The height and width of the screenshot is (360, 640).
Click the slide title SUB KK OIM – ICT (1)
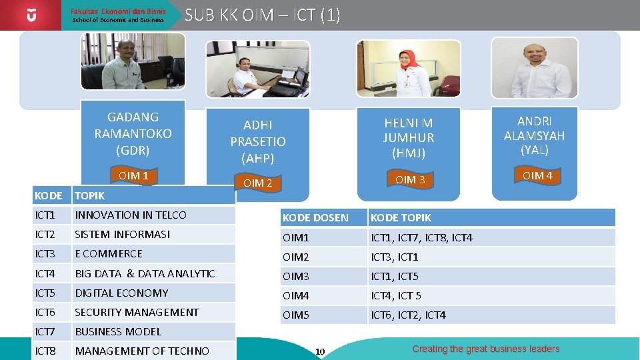pyautogui.click(x=262, y=15)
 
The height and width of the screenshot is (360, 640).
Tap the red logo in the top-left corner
pyautogui.click(x=31, y=15)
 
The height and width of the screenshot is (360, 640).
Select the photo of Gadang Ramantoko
pyautogui.click(x=132, y=61)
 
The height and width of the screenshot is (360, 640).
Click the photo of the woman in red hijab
pyautogui.click(x=408, y=69)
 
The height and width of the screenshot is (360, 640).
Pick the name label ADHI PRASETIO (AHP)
pyautogui.click(x=257, y=141)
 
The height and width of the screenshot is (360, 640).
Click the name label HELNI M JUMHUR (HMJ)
pyautogui.click(x=408, y=138)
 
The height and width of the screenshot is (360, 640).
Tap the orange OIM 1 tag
pyautogui.click(x=133, y=176)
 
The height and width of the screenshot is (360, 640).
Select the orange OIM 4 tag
pyautogui.click(x=537, y=176)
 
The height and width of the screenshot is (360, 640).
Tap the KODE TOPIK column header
pyautogui.click(x=401, y=218)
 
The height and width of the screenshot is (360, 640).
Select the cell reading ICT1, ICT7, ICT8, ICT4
pyautogui.click(x=421, y=237)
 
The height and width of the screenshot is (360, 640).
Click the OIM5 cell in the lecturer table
pyautogui.click(x=296, y=315)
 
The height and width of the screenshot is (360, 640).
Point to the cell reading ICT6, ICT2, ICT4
pyautogui.click(x=408, y=315)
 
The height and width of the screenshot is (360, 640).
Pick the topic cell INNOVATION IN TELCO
pyautogui.click(x=131, y=215)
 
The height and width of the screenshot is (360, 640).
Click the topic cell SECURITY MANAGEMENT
pyautogui.click(x=137, y=312)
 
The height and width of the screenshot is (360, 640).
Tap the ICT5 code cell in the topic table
pyautogui.click(x=45, y=293)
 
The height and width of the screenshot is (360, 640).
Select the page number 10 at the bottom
pyautogui.click(x=320, y=351)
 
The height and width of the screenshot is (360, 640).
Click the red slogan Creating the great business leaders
pyautogui.click(x=486, y=349)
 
